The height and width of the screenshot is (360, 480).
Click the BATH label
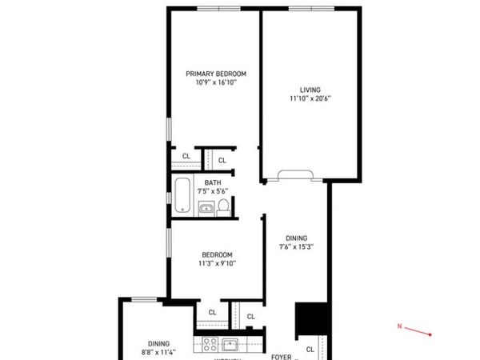212,182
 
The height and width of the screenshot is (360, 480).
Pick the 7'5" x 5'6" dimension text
212,190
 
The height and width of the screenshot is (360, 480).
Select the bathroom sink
205,210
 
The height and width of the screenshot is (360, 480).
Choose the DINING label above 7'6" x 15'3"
296,238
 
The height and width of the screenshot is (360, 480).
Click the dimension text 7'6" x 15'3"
296,246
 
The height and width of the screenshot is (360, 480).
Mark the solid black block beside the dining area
312,320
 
